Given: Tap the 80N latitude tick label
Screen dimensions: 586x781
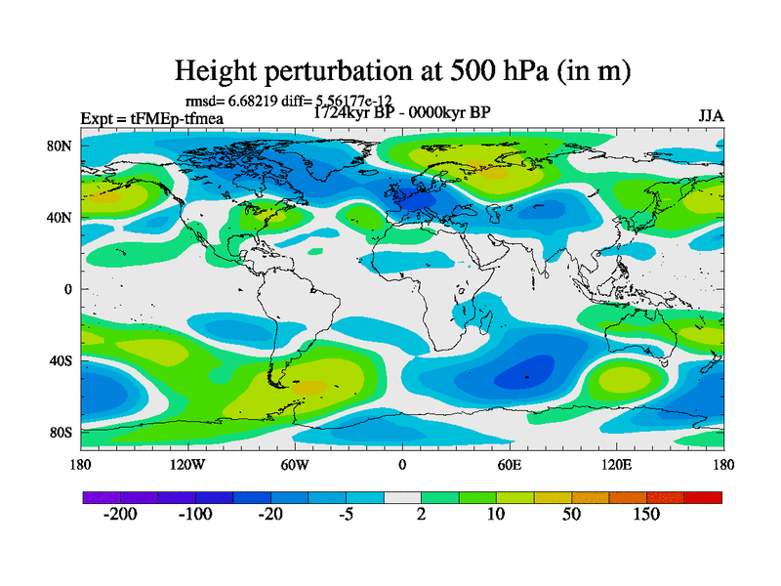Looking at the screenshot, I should click(61, 146).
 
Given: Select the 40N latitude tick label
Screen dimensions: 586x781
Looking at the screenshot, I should click(61, 218).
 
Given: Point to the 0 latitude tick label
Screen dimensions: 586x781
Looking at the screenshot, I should click(68, 289).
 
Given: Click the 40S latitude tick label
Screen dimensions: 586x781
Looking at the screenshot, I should click(61, 360).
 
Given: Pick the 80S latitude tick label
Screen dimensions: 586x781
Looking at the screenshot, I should click(61, 433).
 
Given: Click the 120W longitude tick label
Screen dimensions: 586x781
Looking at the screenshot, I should click(187, 464).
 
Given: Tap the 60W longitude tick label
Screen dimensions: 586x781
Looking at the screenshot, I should click(295, 464).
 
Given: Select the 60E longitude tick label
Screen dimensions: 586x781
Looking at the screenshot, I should click(510, 464).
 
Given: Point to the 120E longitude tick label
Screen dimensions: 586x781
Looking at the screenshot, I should click(616, 464).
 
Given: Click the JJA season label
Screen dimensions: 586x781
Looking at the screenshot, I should click(711, 115).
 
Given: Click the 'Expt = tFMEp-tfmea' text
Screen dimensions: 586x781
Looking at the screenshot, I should click(152, 119).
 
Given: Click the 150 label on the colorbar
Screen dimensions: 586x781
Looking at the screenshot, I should click(646, 515).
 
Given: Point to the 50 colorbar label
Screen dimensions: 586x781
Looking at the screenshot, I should click(573, 515).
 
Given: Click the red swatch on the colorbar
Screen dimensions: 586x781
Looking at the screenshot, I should click(703, 498).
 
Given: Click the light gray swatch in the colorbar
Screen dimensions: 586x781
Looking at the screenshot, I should click(402, 498).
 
